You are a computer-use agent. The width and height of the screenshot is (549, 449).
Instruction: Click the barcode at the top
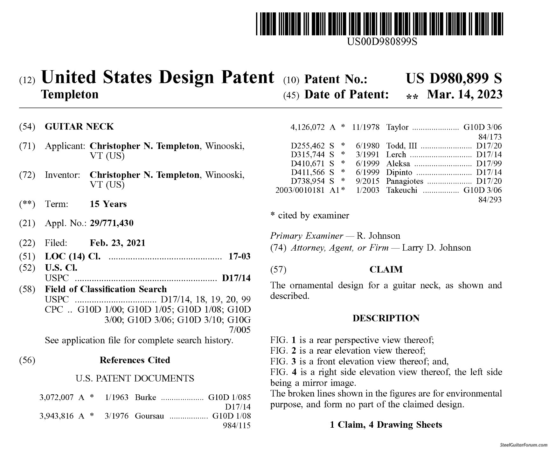coord(380,24)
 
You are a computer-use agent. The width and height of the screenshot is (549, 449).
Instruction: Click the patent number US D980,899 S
coord(454,78)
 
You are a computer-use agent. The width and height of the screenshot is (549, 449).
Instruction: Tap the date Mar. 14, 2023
coord(464,94)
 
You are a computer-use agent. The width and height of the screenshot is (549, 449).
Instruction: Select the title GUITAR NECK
coord(79,127)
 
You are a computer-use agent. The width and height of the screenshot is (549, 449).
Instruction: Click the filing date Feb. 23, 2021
coord(117,243)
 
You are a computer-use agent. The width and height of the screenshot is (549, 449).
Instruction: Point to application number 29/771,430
coord(112,223)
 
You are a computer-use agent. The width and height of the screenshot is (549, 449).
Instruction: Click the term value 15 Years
coord(108,204)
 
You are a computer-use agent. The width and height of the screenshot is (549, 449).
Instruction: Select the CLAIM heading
coord(386,270)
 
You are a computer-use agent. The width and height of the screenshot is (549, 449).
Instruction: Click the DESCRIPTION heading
coord(386,318)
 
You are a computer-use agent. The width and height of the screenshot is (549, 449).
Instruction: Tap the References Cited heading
coord(135,360)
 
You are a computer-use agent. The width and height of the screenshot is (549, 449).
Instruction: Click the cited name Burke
coord(145,397)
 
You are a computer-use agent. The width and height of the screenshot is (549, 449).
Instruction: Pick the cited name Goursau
coord(149,416)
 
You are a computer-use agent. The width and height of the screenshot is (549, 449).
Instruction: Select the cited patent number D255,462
coord(308,146)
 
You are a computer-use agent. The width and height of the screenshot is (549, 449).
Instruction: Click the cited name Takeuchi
coord(401,190)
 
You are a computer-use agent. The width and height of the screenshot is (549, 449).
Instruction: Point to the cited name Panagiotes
coord(405,181)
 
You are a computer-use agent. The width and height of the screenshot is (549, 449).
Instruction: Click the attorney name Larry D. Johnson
coord(436,248)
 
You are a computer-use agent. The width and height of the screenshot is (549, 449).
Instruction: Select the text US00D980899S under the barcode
coord(382,41)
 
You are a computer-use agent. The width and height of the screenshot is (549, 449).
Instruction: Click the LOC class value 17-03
coord(240,256)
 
